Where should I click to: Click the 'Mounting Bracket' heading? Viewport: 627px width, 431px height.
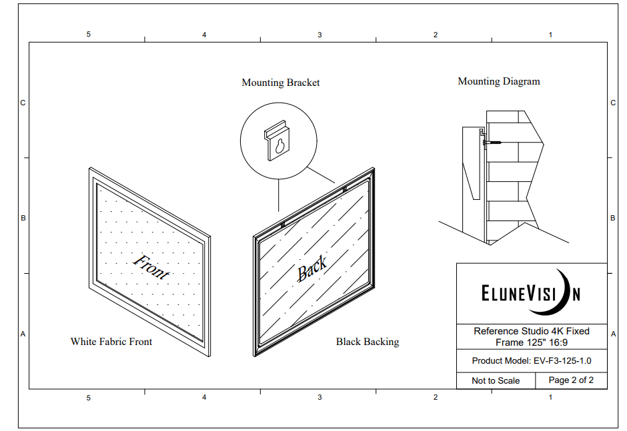280,83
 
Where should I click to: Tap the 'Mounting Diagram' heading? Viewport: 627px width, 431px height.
498,81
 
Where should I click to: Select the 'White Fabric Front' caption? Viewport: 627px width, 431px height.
111,342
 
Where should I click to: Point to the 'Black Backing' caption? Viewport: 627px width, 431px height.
367,342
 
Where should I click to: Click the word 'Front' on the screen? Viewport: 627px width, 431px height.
151,266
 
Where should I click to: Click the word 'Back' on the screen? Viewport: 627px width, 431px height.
311,268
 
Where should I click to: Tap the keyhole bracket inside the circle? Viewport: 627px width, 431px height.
279,141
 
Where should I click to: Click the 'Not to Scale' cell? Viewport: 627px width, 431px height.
496,380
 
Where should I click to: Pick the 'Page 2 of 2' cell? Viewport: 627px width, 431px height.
570,380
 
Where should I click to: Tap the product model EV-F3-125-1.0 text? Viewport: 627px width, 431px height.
532,361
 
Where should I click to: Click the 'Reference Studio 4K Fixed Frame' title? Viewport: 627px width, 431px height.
532,336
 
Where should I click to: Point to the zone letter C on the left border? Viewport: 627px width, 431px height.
23,103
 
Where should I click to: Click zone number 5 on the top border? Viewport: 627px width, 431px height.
88,35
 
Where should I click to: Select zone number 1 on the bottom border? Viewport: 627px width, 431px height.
550,397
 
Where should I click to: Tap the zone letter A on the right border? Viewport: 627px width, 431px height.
613,334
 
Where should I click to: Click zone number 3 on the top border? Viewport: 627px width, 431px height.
320,35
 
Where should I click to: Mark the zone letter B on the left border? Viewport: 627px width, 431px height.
23,218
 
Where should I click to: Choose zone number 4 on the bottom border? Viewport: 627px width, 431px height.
204,397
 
